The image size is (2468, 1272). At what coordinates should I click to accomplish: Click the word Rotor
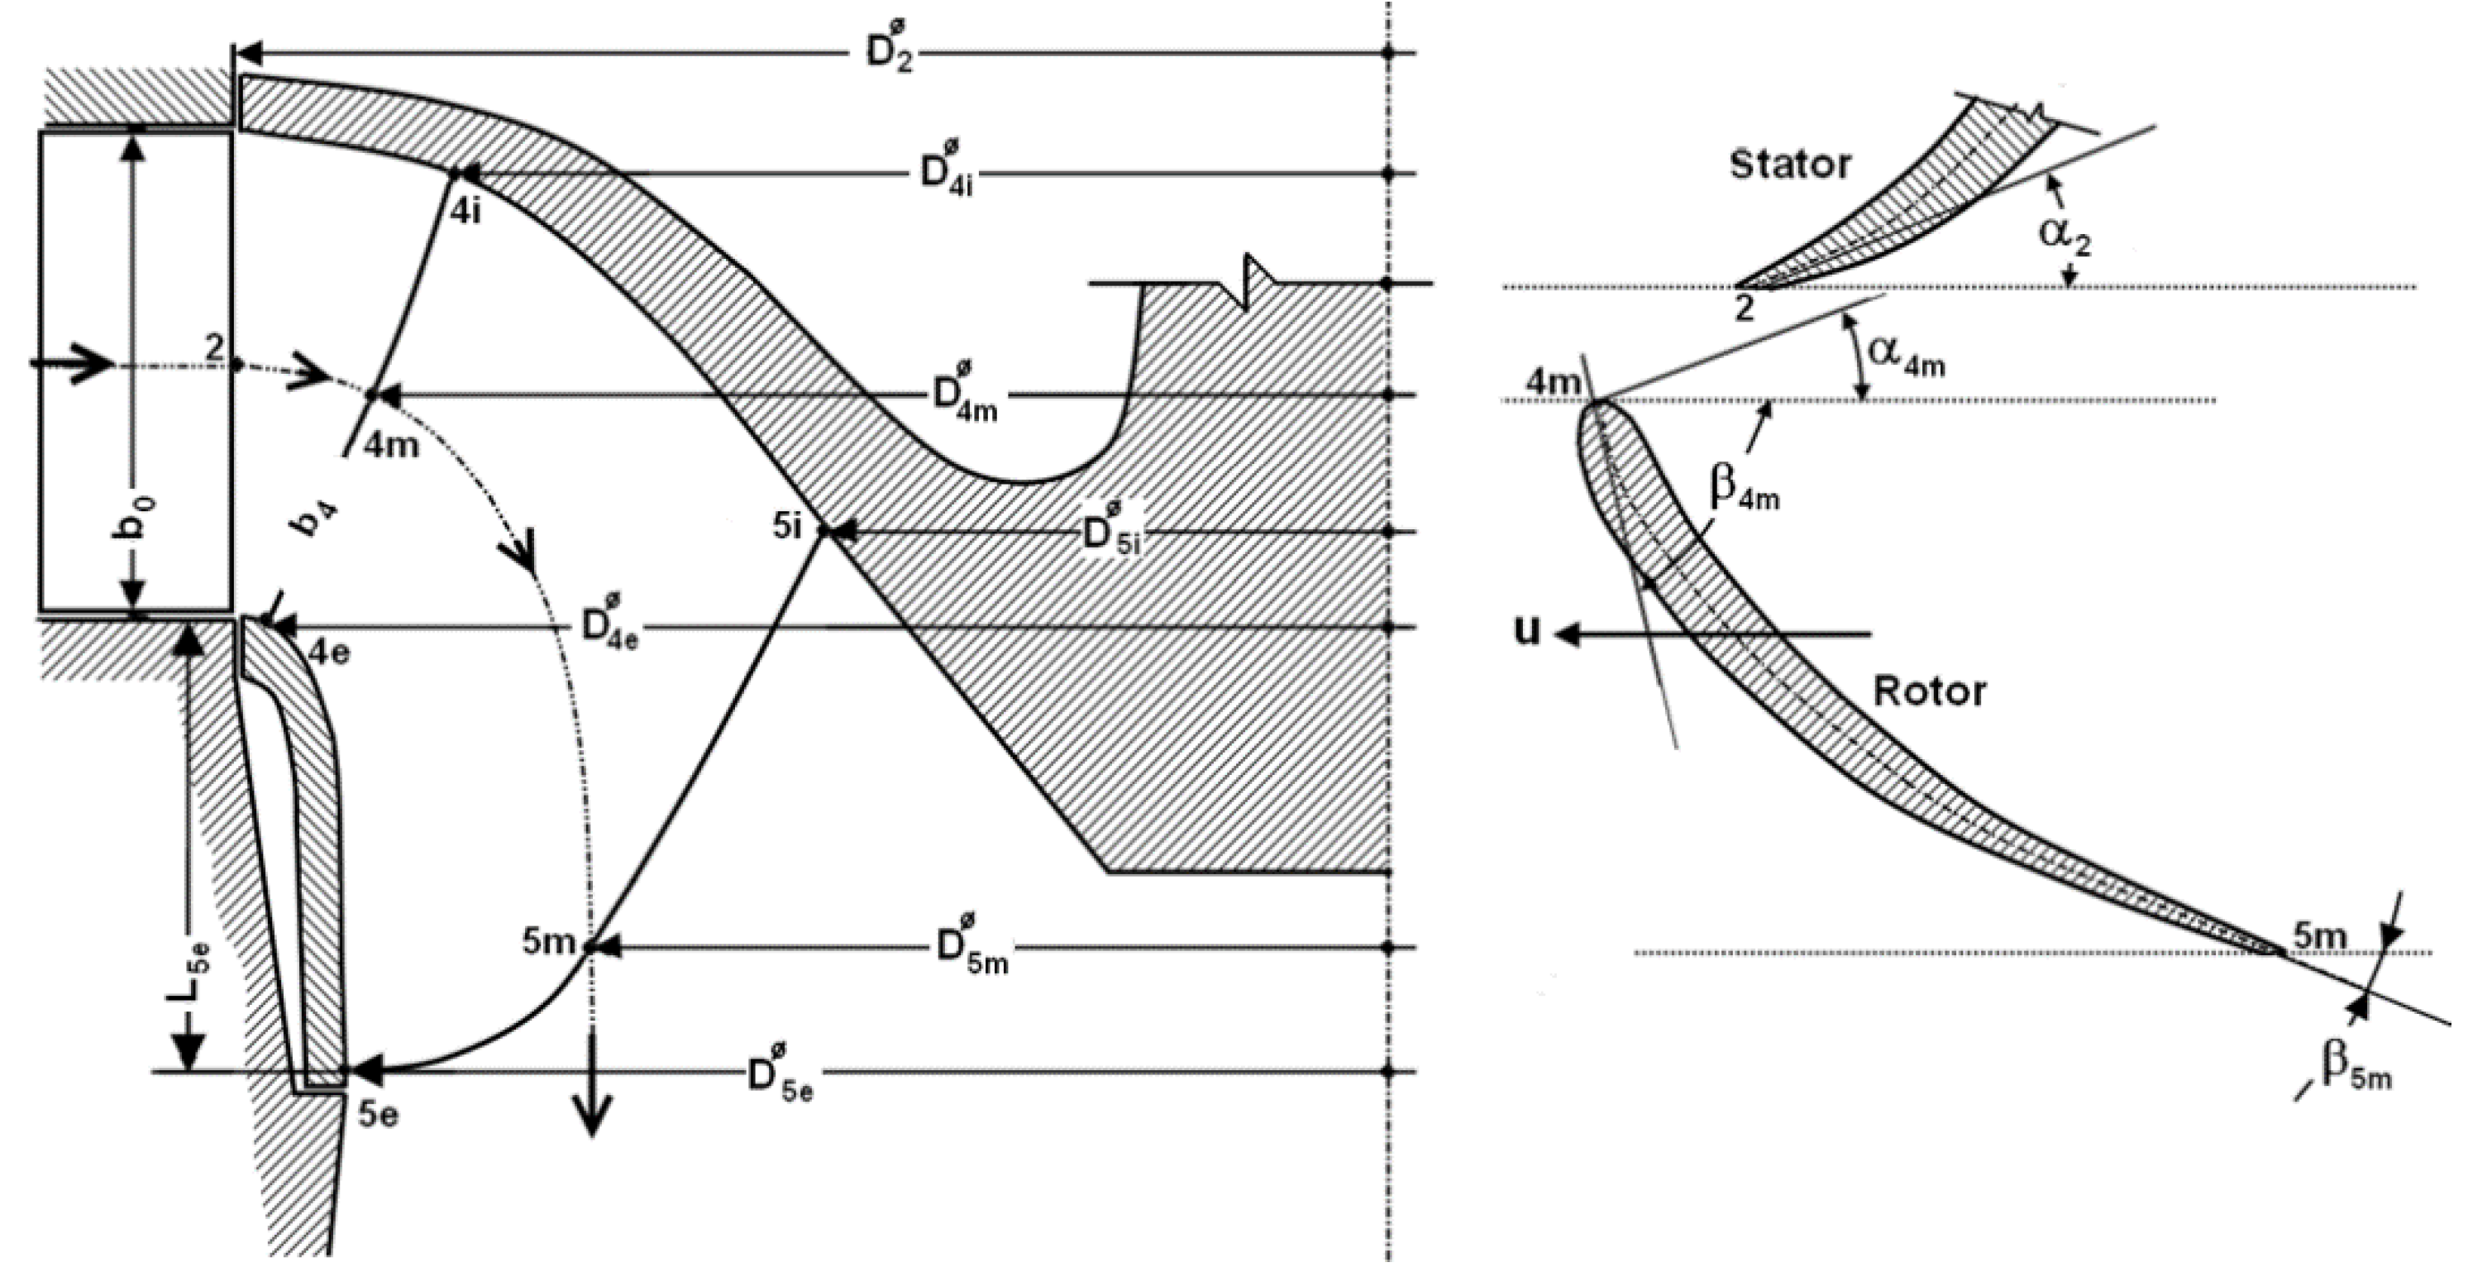pos(1930,691)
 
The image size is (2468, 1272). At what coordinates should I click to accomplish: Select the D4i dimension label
pos(946,174)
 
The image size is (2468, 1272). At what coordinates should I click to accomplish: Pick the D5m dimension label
pos(971,949)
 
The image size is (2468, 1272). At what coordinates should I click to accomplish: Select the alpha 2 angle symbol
pos(2064,234)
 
